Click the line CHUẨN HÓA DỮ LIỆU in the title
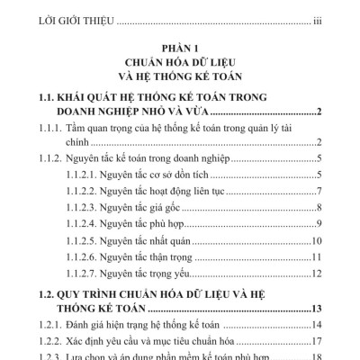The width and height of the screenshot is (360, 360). click(179, 64)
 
